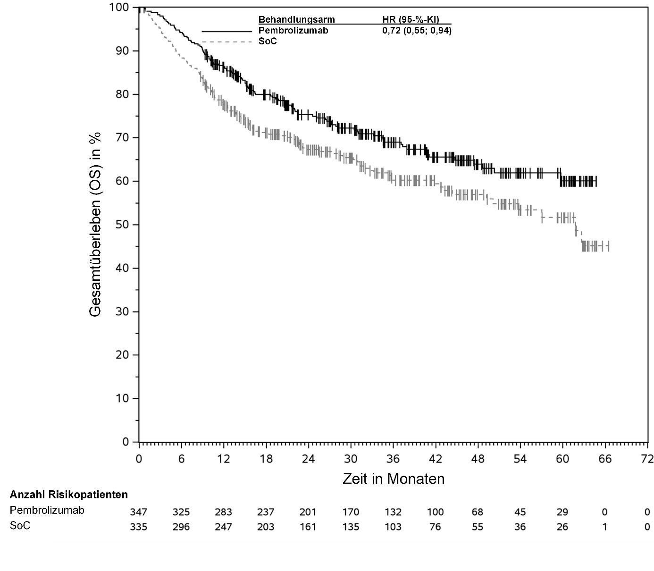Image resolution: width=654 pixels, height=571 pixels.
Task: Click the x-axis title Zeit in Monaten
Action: coord(393,479)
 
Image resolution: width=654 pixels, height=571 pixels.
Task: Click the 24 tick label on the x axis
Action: coord(308,459)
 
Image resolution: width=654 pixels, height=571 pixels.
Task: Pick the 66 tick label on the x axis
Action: coord(605,459)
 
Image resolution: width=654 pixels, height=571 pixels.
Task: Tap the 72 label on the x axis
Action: coord(647,459)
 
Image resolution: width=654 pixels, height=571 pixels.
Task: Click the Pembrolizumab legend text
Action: coord(293,31)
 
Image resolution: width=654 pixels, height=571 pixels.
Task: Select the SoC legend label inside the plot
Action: coord(268,42)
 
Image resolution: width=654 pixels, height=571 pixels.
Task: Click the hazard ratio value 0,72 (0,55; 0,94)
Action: coord(417,31)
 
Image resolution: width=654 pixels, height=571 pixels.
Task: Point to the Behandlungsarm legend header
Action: coord(296,20)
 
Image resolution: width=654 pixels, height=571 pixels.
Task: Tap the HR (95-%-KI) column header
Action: coord(411,20)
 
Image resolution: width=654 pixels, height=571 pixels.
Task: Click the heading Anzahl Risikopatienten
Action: coord(69,495)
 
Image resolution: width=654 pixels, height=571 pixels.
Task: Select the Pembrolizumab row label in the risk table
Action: coord(47,510)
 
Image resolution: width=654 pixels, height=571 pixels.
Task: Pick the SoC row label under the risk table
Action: coord(20,526)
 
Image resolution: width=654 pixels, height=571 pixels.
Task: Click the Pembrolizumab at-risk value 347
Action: coord(138,512)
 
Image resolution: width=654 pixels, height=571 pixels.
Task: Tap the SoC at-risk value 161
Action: coord(308,527)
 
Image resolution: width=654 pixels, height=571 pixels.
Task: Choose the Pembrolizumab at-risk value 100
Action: coord(435,512)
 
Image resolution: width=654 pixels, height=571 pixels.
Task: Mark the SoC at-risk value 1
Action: coord(605,527)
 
